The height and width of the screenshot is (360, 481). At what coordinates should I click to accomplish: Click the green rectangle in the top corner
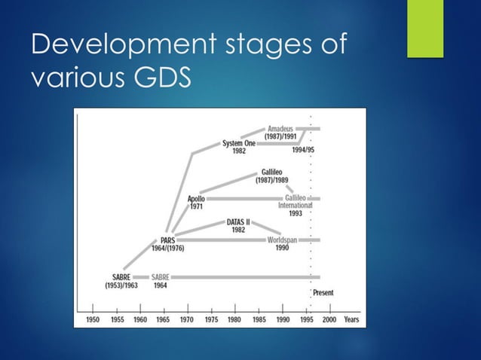point(425,28)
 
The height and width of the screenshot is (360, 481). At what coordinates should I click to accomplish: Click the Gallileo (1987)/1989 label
point(273,176)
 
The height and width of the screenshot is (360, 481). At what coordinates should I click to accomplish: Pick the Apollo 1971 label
point(195,202)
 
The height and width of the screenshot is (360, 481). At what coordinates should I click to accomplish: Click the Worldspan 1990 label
point(281,243)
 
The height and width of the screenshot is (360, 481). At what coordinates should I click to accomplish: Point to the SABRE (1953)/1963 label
point(120,282)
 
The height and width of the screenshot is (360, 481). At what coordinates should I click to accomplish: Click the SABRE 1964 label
point(160,282)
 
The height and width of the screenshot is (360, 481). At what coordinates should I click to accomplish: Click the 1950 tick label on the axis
point(92,319)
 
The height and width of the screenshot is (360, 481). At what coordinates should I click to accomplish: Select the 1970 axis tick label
point(186,319)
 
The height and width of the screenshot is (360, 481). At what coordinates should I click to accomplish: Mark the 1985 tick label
point(259,319)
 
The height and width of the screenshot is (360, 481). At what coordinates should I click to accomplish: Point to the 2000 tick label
point(329,319)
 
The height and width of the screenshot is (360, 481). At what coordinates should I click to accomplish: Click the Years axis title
point(351,319)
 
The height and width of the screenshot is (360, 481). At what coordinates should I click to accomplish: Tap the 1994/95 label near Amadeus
point(303,150)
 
